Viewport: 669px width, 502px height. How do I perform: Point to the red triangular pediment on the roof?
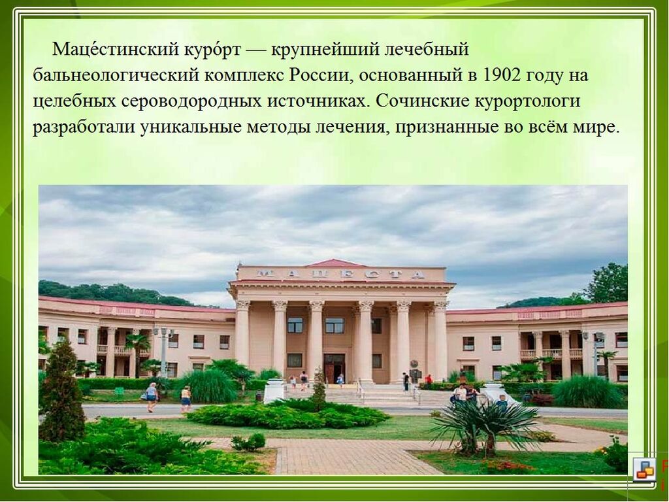[336, 263]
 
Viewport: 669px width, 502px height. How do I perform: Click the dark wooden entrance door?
[334, 367]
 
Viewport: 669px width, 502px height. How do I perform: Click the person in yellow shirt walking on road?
[186, 399]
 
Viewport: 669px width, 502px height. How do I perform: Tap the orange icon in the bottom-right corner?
[644, 469]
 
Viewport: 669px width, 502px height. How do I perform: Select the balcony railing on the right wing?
[551, 354]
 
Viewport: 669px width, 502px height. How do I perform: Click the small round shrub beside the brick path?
[249, 443]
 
